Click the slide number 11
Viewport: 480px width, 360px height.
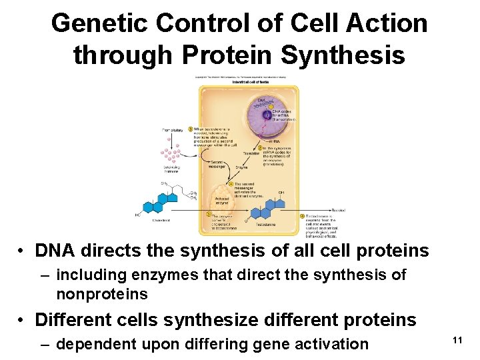click(457, 341)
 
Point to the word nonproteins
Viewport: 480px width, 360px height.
click(102, 294)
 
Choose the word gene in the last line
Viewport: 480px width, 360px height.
click(269, 344)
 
